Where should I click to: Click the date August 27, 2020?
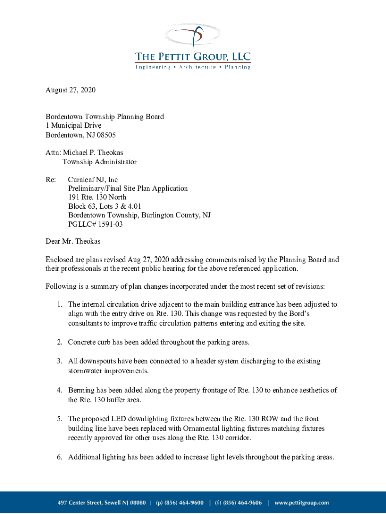(x=70, y=90)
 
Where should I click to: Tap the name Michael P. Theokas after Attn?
(x=93, y=152)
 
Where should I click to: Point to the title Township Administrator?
(x=99, y=162)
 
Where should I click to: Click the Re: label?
(x=51, y=179)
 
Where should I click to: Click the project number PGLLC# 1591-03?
(x=95, y=224)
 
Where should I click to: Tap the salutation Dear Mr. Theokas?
(x=73, y=241)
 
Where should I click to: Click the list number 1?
(x=59, y=304)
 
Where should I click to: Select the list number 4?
(x=59, y=390)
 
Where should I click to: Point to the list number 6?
(x=59, y=457)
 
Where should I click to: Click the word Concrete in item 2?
(x=82, y=342)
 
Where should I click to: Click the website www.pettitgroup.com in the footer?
(x=302, y=502)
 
